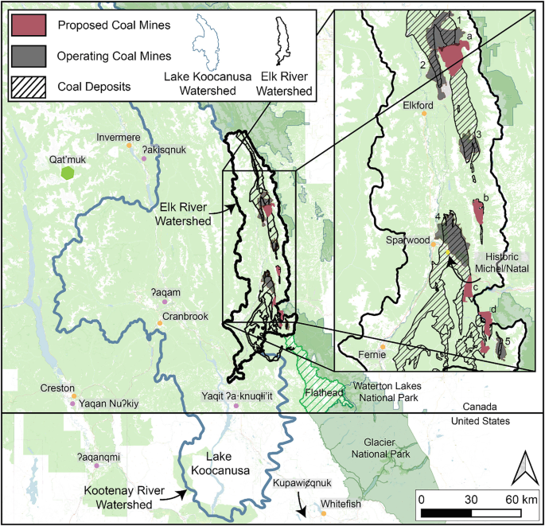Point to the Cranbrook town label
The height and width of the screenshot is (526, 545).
185,316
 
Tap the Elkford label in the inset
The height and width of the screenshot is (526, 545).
418,104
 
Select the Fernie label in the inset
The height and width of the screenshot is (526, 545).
372,355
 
